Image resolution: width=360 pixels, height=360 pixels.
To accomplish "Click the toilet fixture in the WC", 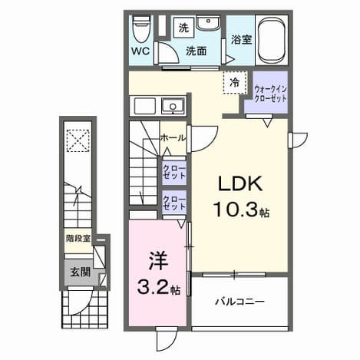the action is point(141,29).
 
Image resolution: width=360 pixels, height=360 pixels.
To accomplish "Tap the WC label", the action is point(140,51).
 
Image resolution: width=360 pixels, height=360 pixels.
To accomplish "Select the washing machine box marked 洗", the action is point(183,28).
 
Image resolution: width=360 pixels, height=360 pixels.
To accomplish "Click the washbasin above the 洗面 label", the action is point(208,23).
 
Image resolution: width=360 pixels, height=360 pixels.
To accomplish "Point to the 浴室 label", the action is point(241,39).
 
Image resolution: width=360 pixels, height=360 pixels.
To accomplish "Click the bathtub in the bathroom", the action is point(272,41).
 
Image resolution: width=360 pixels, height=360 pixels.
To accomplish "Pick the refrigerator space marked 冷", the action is point(235,82).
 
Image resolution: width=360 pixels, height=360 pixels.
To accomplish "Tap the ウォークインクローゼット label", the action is point(270,94).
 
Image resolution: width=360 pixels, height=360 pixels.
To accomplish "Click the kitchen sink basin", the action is point(173,107).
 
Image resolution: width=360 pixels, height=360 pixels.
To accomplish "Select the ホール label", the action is point(173,138).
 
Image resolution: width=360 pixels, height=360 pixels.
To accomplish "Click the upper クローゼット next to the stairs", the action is point(174,172).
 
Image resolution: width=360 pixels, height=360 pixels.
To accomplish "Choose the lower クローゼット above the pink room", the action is point(174,203).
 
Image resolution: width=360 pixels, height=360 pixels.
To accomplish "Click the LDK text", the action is point(240,183).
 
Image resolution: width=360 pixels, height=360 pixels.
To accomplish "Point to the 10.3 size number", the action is point(236,209).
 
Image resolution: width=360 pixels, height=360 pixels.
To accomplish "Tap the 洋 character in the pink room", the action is point(158,261).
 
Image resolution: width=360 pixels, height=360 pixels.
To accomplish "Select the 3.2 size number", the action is point(153,287).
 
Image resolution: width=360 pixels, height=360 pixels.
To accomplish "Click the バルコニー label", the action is point(239,302).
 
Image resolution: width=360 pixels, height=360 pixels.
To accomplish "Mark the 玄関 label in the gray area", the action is point(81,272).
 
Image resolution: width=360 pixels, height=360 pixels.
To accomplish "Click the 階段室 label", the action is point(78,239).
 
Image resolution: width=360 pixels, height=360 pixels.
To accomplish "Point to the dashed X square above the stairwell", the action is point(78,140).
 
